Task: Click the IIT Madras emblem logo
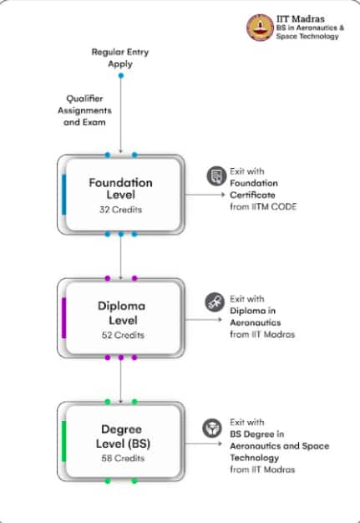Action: tap(260, 28)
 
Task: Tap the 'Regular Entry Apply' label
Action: tap(120, 58)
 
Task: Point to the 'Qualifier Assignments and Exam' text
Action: tap(84, 110)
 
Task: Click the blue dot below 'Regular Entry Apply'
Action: tap(121, 76)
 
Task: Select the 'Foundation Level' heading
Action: tap(120, 189)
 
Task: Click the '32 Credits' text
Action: tap(120, 210)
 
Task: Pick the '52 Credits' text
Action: tap(123, 335)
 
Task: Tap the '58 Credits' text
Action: tap(123, 459)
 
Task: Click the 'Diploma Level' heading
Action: tap(122, 312)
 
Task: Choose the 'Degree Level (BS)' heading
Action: tap(123, 436)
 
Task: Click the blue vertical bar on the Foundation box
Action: tap(64, 195)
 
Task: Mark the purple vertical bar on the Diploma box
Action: tap(64, 317)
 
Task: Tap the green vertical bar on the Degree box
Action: tap(64, 441)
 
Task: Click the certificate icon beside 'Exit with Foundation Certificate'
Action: tap(216, 175)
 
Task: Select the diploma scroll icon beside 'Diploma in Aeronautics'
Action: tap(215, 302)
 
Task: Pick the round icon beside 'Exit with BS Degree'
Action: tap(212, 428)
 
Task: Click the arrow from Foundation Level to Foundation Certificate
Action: tap(205, 195)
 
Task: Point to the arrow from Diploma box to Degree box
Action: tap(120, 381)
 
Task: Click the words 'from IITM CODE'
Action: tap(263, 207)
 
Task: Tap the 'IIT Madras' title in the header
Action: tap(301, 18)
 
